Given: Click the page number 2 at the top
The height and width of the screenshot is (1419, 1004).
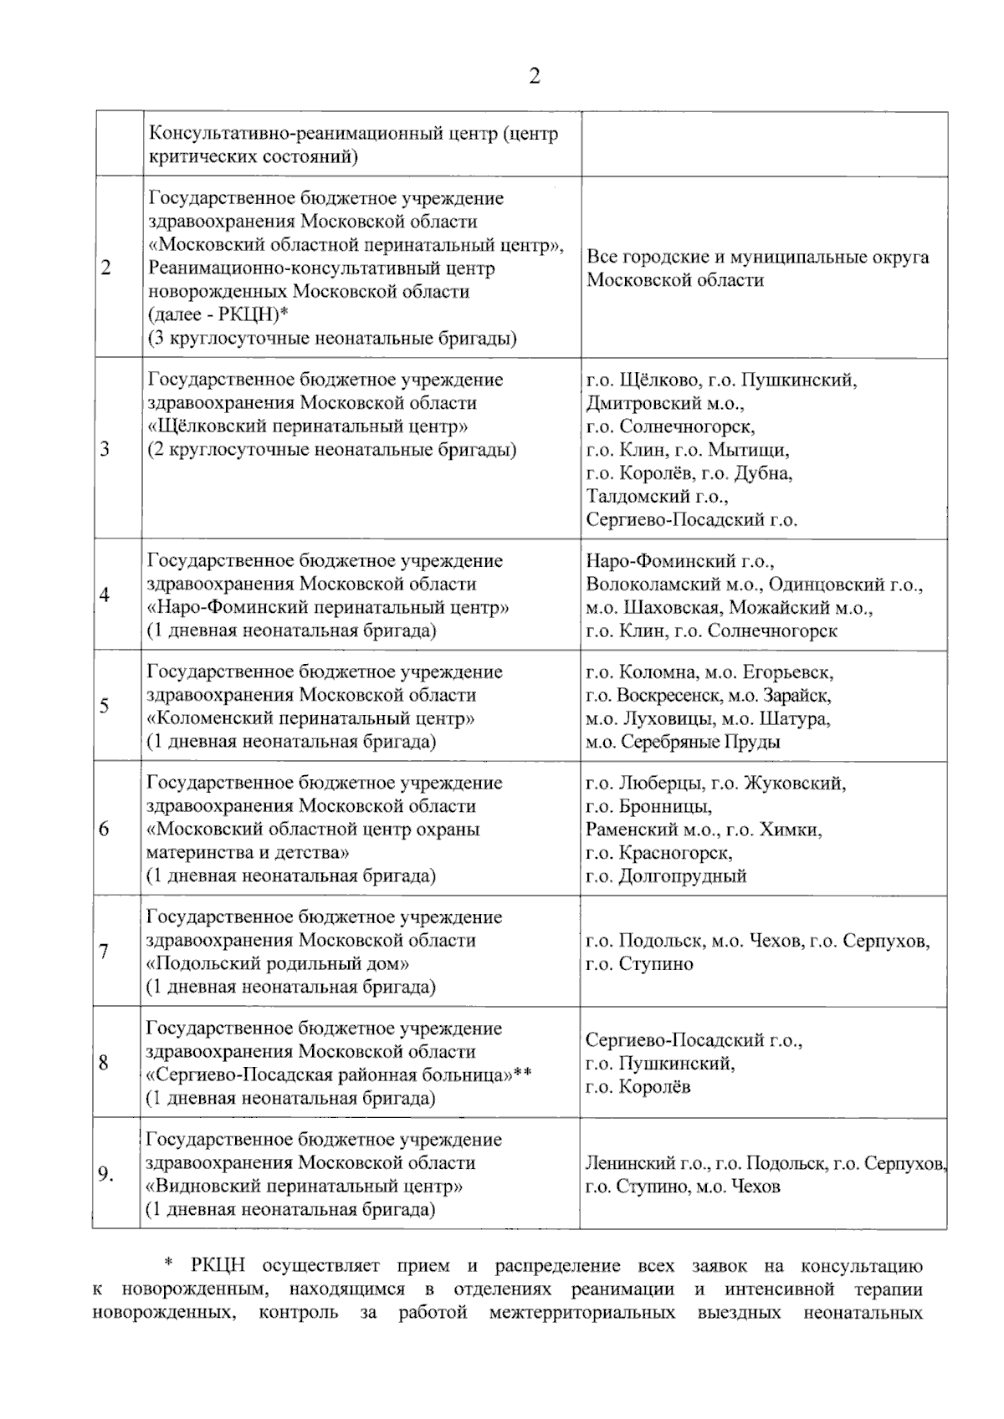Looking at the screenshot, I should click(x=535, y=76).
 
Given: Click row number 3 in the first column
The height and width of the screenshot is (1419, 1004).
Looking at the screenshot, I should click(x=105, y=449).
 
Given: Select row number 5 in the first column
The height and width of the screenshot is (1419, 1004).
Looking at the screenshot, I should click(x=105, y=706).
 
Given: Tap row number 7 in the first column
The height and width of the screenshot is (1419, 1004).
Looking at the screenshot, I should click(x=104, y=952).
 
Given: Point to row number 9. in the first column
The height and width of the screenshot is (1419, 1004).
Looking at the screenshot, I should click(x=105, y=1175).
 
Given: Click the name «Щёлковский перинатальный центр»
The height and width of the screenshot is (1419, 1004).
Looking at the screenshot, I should click(x=308, y=426).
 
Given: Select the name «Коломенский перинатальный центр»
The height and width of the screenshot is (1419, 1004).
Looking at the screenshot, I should click(x=311, y=718).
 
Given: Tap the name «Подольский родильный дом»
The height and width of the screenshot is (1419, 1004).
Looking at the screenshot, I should click(x=279, y=963).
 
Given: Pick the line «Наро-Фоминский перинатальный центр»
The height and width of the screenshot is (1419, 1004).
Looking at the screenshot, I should click(x=328, y=607).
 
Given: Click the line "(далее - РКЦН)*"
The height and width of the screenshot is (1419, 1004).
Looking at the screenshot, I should click(x=218, y=315).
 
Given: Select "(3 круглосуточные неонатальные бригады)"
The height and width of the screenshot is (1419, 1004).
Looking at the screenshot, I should click(x=332, y=339).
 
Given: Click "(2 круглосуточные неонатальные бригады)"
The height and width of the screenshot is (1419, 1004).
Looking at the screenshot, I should click(x=332, y=450).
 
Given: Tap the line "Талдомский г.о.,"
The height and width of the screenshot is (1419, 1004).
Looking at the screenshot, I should click(x=657, y=497).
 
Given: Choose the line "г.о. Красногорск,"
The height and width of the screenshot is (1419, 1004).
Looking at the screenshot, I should click(x=659, y=853).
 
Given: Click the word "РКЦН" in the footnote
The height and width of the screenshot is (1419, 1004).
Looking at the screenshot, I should click(x=219, y=1266).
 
